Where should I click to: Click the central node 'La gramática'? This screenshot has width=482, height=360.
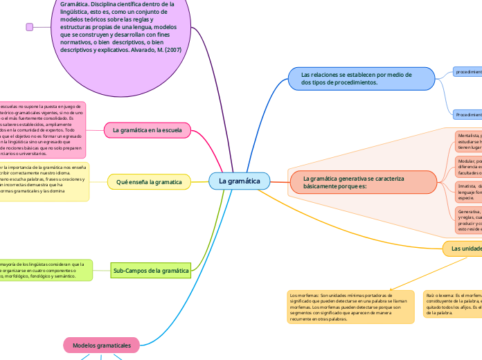click(x=239, y=181)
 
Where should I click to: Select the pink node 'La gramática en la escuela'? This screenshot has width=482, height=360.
click(x=147, y=129)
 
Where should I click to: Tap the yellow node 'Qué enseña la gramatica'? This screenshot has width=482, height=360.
click(x=149, y=182)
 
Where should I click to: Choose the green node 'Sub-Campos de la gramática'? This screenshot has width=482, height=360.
click(x=150, y=271)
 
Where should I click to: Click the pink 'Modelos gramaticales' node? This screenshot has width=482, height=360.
click(x=102, y=344)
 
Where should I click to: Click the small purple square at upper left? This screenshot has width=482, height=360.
click(x=29, y=27)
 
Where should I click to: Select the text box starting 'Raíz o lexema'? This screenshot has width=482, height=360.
click(x=452, y=303)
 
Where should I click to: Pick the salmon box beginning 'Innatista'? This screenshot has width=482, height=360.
click(x=468, y=191)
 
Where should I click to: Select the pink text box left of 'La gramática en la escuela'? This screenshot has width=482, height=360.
click(x=42, y=129)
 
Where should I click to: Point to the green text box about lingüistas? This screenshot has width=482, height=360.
click(x=44, y=270)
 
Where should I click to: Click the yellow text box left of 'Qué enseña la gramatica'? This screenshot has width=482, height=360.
click(x=43, y=182)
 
